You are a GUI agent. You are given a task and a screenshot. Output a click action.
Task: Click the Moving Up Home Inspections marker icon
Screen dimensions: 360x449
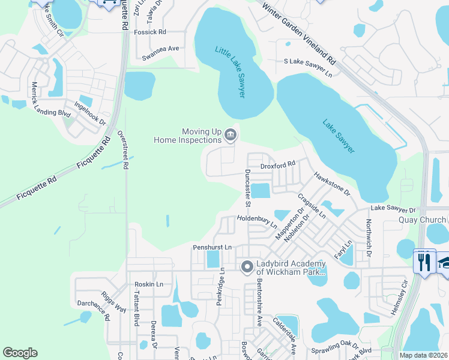(231, 136)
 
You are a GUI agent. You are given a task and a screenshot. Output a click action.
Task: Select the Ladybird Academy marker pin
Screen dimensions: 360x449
(246, 267)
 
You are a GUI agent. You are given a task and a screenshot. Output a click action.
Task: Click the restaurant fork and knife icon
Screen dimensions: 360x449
(424, 261)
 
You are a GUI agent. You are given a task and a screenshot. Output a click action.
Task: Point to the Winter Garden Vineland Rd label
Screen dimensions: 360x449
(298, 32)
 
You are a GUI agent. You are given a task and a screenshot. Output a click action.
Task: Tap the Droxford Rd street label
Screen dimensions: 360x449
(277, 164)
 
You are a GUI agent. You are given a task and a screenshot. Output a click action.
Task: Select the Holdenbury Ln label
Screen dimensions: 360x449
(257, 222)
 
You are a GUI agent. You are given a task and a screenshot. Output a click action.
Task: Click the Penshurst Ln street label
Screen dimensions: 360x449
(212, 247)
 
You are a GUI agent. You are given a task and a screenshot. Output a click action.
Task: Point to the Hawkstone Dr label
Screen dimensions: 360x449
(331, 184)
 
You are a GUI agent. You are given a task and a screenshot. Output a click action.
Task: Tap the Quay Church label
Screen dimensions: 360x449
(423, 220)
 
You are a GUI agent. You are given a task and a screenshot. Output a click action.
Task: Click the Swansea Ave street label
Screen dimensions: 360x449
(160, 49)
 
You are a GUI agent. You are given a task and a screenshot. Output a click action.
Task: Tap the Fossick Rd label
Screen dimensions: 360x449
(149, 32)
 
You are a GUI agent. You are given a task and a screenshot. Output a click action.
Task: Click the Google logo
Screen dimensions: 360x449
(20, 353)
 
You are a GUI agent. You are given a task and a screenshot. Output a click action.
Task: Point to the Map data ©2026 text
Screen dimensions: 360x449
(424, 355)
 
